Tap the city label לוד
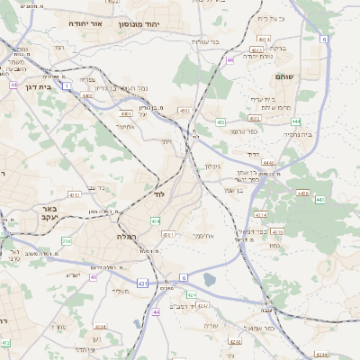coord(158,194)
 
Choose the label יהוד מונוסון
coord(138,25)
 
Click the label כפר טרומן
coord(242,131)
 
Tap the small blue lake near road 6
coord(210,279)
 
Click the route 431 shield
coord(142,283)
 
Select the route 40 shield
coord(92,277)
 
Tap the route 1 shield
coord(67,85)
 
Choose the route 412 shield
coord(5,343)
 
